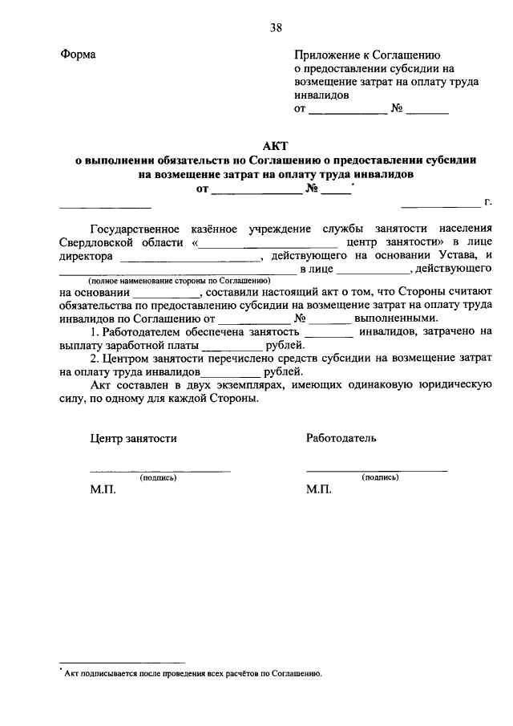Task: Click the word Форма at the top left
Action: [78, 55]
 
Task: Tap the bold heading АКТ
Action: [276, 144]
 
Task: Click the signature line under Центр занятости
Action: [160, 469]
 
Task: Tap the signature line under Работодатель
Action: [377, 469]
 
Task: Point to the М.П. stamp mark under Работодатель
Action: [319, 490]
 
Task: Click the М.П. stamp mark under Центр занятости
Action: [103, 490]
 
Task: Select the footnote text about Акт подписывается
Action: [192, 674]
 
